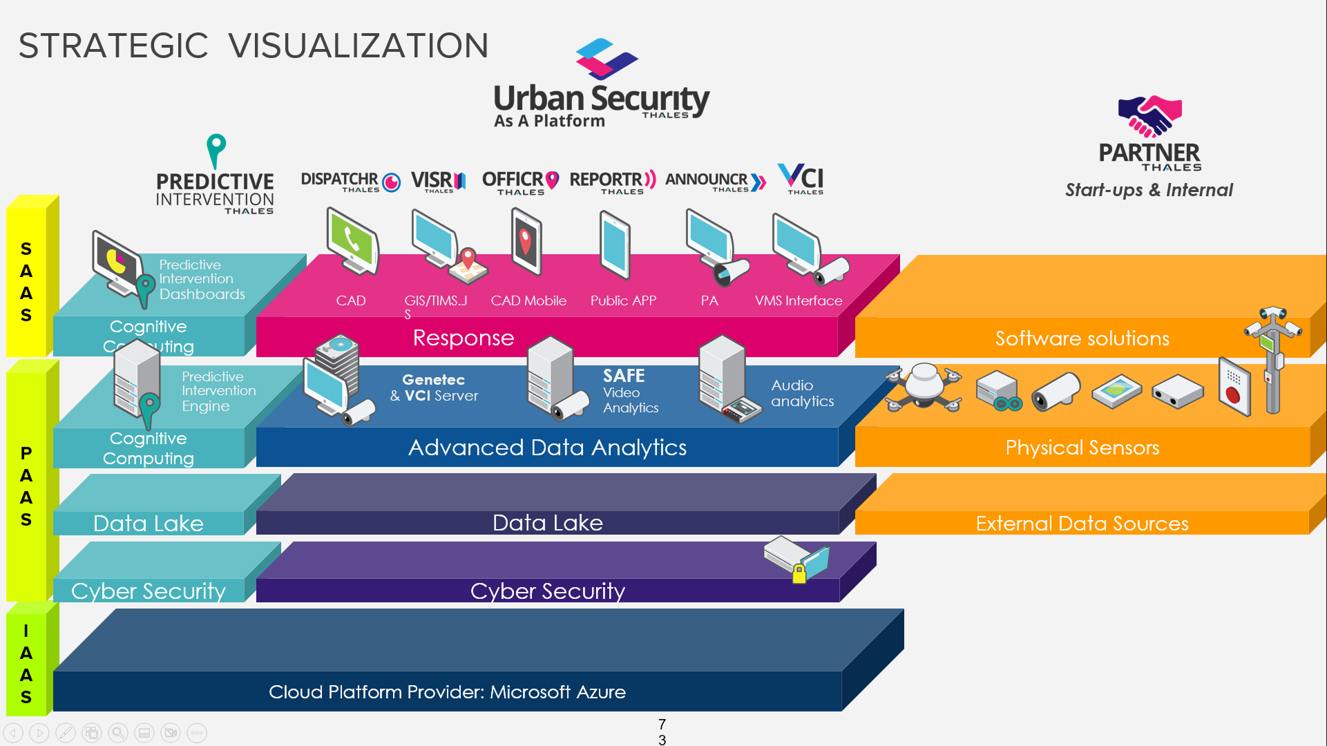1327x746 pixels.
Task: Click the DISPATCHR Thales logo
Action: (x=350, y=182)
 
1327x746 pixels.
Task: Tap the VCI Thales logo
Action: (x=801, y=179)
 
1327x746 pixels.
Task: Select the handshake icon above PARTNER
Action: (x=1149, y=116)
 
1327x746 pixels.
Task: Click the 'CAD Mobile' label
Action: (x=528, y=301)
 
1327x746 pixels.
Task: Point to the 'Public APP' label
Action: (x=623, y=301)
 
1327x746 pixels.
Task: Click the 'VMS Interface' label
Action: (x=799, y=301)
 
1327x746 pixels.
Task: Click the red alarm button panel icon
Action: (x=1234, y=387)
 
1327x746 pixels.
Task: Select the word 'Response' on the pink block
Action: (x=464, y=338)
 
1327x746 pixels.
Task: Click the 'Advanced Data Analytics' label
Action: (x=547, y=448)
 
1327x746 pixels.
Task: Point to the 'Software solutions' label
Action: (x=1082, y=338)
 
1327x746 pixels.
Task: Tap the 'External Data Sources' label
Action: (x=1082, y=524)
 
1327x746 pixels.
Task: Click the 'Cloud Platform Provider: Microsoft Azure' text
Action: (x=447, y=692)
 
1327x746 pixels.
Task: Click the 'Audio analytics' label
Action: (x=802, y=394)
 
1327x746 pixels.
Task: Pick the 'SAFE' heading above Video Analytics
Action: (x=624, y=376)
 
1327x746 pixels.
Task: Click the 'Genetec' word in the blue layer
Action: (x=434, y=380)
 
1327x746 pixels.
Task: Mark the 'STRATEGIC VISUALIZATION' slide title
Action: (x=253, y=46)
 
